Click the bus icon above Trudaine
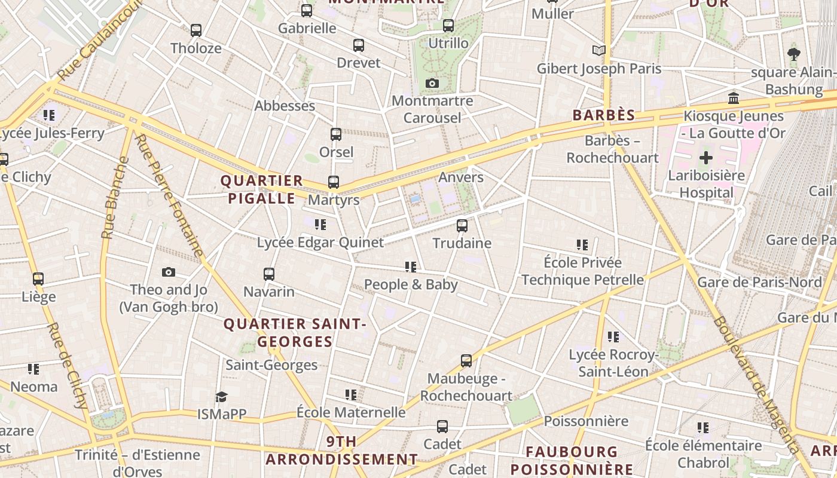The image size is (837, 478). click(462, 226)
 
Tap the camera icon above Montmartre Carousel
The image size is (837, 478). click(432, 83)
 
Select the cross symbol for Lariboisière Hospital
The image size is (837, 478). click(706, 158)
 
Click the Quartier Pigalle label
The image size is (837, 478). click(262, 189)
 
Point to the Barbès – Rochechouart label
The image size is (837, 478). click(612, 149)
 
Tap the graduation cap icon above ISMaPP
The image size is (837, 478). click(222, 397)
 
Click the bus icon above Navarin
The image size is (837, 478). click(269, 274)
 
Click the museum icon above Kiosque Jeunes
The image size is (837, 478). click(734, 99)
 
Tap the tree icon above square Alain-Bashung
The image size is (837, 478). click(794, 54)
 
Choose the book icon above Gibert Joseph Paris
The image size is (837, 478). click(598, 51)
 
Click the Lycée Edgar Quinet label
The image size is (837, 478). click(320, 243)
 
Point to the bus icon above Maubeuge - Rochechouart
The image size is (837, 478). click(466, 361)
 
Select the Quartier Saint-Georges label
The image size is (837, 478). click(294, 333)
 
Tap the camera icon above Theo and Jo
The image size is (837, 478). click(169, 272)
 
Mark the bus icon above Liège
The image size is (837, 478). click(38, 279)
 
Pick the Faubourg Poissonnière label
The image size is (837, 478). click(571, 461)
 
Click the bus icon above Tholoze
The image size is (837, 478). click(195, 30)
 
